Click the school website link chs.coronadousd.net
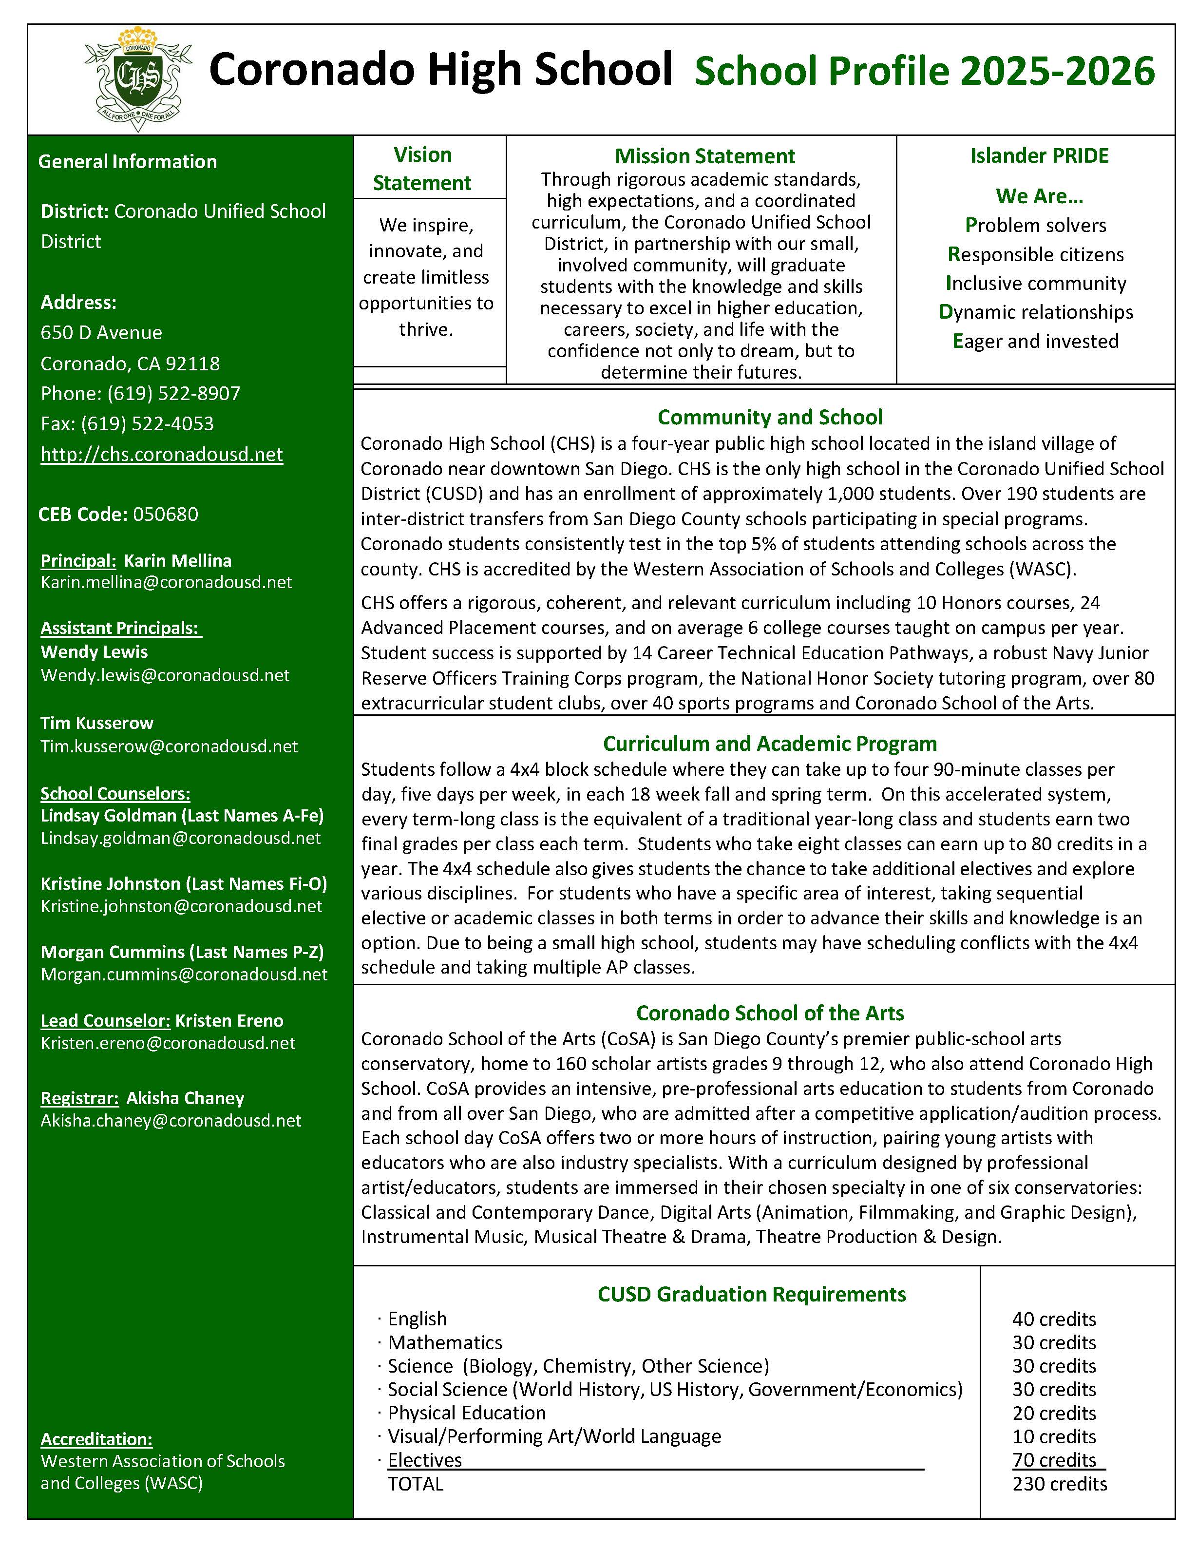(162, 454)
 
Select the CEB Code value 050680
(166, 514)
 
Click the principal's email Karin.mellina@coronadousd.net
(167, 582)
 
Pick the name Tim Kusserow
(97, 723)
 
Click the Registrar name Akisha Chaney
(185, 1098)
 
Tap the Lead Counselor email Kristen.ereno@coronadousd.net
(168, 1043)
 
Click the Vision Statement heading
(423, 169)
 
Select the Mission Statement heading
(705, 156)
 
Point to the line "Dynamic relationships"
(1036, 312)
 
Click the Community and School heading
(770, 417)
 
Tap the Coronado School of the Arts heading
(770, 1013)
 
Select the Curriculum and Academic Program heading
(770, 743)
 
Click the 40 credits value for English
(1054, 1319)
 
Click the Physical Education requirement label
(467, 1413)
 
